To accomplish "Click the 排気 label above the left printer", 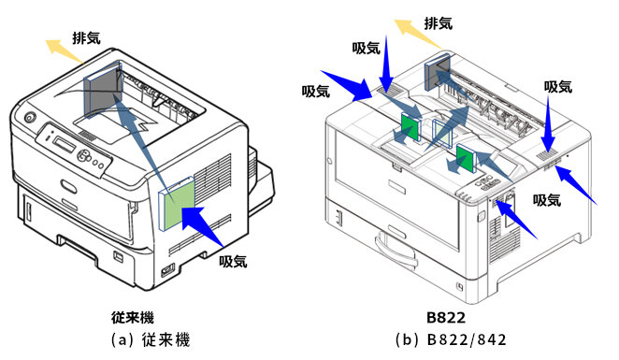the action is click(x=86, y=38).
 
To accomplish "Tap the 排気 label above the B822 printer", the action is click(x=439, y=23).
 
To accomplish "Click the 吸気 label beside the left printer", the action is click(x=233, y=261).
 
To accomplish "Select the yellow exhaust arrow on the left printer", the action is click(x=65, y=51).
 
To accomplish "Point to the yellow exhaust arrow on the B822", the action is click(x=418, y=34).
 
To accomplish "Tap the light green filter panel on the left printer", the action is click(x=180, y=203).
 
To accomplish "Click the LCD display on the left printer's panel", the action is click(x=64, y=143).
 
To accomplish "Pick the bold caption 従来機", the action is click(x=132, y=318).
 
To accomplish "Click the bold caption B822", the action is click(x=446, y=318).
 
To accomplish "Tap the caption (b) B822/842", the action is click(x=451, y=339).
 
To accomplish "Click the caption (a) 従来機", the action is click(x=151, y=339).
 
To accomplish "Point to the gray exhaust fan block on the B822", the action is click(x=438, y=72).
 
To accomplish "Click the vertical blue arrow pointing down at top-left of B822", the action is click(x=387, y=65).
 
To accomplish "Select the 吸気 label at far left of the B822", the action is click(x=316, y=92).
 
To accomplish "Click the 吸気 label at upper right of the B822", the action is click(x=558, y=87).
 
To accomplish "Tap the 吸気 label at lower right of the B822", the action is click(x=547, y=200).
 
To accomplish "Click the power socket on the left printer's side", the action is click(x=167, y=270).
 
